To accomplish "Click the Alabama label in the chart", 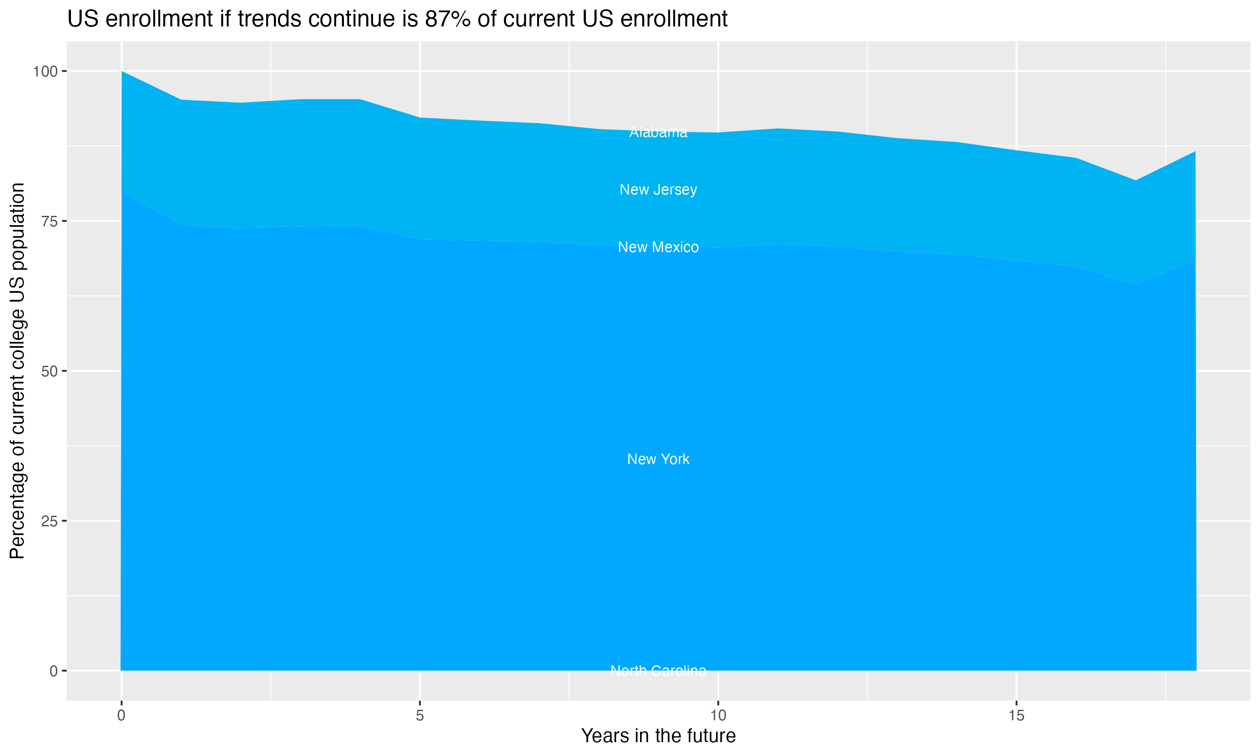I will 658,132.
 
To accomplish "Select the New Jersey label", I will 658,189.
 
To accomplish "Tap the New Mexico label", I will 658,247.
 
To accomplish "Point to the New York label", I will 658,459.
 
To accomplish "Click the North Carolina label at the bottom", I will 658,670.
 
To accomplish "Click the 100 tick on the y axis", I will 45,71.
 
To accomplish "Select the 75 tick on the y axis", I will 48,221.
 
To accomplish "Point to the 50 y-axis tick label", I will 48,371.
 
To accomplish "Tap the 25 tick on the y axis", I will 48,521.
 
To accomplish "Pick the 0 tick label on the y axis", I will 53,671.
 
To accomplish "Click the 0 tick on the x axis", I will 121,716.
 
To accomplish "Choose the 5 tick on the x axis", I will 420,716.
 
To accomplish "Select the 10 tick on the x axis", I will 718,716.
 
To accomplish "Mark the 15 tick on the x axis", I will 1016,716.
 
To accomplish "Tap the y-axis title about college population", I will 17,371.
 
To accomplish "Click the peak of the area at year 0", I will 122,72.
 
